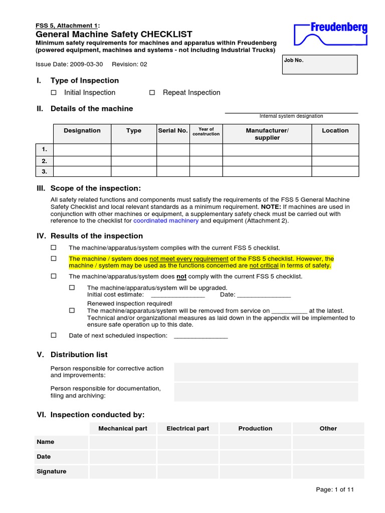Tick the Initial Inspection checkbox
coord(54,93)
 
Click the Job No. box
coord(320,65)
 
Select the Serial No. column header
coord(173,131)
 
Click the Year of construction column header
coord(206,131)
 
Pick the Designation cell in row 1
coord(82,149)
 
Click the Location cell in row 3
coord(335,171)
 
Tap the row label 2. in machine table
coord(44,161)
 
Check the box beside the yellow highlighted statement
coord(54,259)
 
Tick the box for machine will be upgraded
coord(72,288)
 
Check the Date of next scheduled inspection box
coord(54,335)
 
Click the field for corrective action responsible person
coord(266,372)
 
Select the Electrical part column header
coord(187,429)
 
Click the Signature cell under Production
coord(255,471)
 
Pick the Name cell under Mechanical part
coord(123,442)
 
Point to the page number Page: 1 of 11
coord(335,490)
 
